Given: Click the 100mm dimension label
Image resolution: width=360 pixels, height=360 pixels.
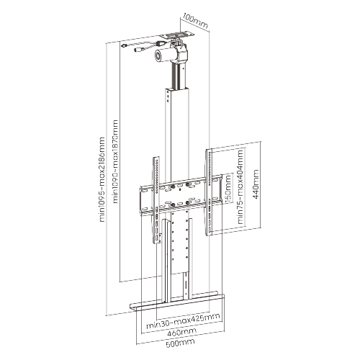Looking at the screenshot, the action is tap(195, 22).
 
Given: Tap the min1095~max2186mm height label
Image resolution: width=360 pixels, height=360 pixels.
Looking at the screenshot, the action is tap(102, 179).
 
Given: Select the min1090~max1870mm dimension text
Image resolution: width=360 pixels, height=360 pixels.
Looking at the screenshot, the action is tap(116, 161).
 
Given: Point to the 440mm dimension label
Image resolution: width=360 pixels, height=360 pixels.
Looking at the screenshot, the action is tap(256, 184).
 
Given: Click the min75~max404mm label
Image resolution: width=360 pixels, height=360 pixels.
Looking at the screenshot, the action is tap(240, 186).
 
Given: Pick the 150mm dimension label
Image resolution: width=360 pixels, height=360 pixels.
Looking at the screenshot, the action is tap(228, 188).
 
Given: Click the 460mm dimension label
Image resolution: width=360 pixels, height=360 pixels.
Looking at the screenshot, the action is tap(181, 332).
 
